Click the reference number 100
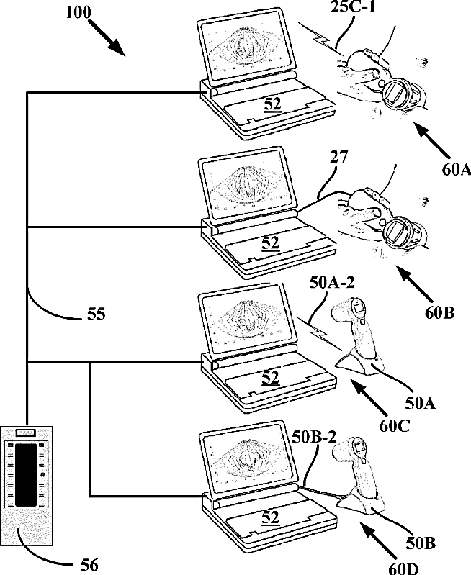pos(78,12)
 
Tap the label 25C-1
pos(353,6)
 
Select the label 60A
pos(456,169)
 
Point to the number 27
pos(338,157)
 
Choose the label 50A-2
pos(332,282)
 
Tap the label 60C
pos(394,426)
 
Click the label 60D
pos(404,569)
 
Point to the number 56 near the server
pos(89,565)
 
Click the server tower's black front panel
pos(26,474)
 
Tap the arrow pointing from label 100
pos(107,37)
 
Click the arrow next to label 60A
pos(432,140)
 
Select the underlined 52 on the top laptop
pos(272,104)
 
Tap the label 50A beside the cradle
pos(420,403)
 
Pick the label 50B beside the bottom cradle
pos(421,543)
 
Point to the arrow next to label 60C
pos(369,398)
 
